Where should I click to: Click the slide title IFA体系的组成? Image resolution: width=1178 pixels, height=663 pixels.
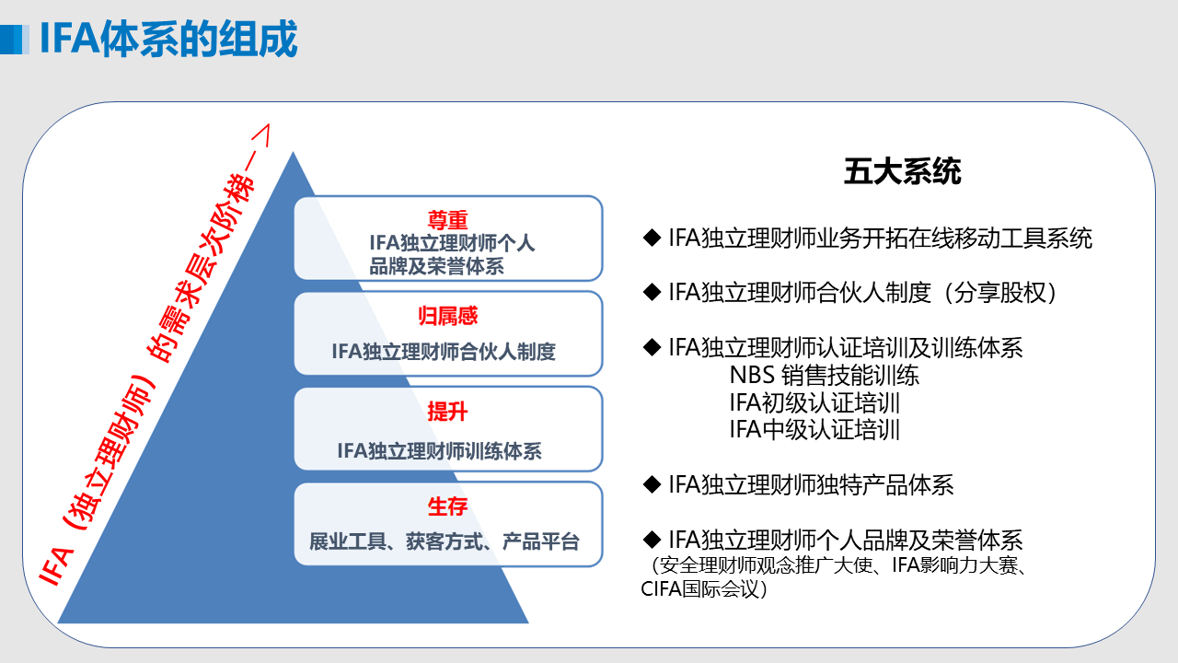click(x=168, y=39)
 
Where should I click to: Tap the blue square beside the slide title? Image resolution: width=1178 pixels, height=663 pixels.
click(x=14, y=39)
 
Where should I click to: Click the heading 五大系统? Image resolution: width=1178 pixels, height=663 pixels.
click(x=903, y=171)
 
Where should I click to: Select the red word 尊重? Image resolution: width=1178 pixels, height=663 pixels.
click(x=447, y=219)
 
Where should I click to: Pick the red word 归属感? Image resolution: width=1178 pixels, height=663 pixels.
click(x=447, y=316)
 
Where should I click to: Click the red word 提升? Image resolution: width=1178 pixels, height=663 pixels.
click(x=447, y=411)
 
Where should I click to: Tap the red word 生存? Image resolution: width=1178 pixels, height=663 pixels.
click(x=447, y=506)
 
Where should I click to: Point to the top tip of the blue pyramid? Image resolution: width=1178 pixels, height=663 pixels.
click(x=293, y=152)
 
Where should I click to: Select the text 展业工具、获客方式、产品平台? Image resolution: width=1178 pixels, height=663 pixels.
click(x=445, y=541)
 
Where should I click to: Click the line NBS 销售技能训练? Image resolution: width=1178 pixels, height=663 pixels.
click(x=824, y=375)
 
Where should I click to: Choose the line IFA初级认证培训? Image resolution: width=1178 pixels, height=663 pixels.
click(x=814, y=402)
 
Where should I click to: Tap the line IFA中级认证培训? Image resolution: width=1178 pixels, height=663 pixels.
click(x=814, y=429)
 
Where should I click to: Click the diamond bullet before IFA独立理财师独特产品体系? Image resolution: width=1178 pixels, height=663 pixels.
click(x=652, y=484)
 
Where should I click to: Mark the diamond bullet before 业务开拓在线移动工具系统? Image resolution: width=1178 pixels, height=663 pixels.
click(x=652, y=238)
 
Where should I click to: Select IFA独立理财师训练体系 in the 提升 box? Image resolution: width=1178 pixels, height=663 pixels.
click(x=440, y=451)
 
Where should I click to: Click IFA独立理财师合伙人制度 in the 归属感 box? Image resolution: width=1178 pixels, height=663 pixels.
click(x=444, y=351)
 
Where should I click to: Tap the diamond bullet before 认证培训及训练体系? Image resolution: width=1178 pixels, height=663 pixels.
click(x=652, y=347)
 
